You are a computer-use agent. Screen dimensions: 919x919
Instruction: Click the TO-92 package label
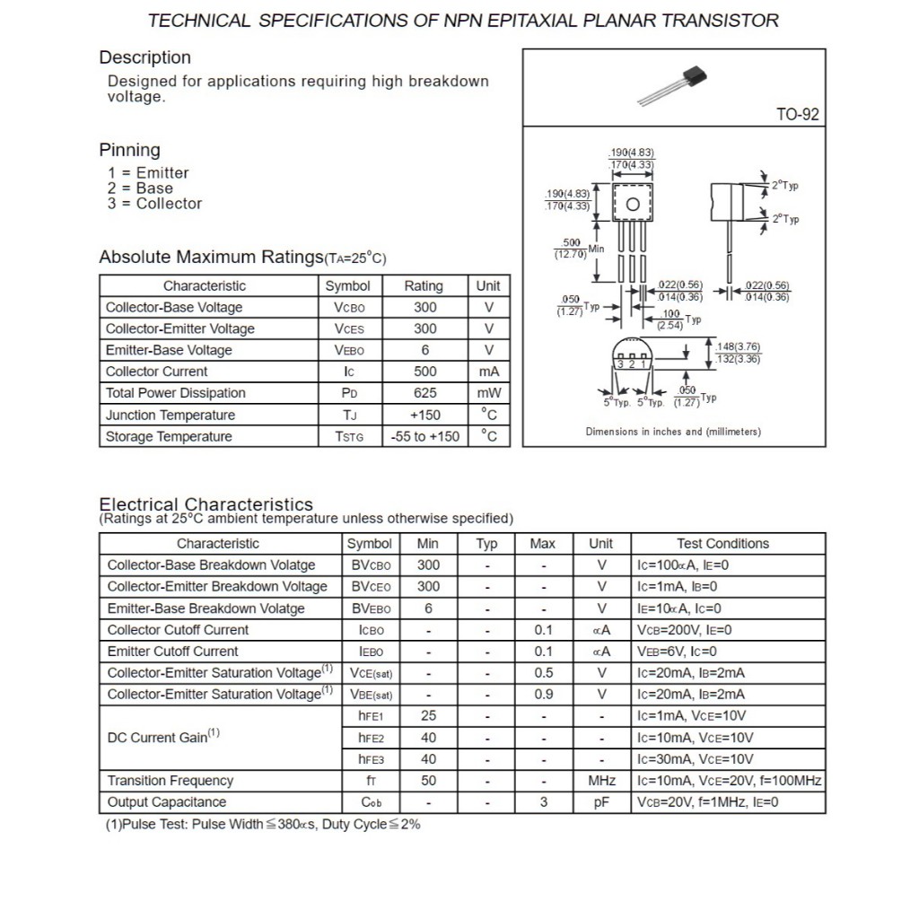click(797, 115)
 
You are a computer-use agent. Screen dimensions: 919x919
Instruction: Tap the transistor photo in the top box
click(672, 83)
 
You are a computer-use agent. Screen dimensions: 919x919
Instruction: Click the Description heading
click(144, 57)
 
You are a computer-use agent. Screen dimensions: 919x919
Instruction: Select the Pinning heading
click(129, 150)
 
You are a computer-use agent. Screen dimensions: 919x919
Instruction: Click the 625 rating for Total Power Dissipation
click(424, 393)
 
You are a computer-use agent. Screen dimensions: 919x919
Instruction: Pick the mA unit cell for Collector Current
click(488, 372)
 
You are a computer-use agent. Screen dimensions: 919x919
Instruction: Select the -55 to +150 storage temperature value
click(424, 437)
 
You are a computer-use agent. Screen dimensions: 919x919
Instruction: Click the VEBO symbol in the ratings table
click(349, 350)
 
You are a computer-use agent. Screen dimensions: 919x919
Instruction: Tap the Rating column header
click(424, 286)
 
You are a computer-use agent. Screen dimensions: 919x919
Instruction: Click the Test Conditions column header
click(722, 544)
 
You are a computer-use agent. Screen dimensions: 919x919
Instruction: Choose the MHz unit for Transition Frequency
click(601, 781)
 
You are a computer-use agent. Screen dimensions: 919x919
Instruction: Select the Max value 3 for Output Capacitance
click(543, 802)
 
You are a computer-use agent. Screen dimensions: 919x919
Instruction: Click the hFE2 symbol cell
click(371, 738)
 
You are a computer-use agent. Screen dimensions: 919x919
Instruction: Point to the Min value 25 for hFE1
click(428, 716)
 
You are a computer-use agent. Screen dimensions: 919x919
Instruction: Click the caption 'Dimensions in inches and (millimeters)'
click(673, 432)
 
